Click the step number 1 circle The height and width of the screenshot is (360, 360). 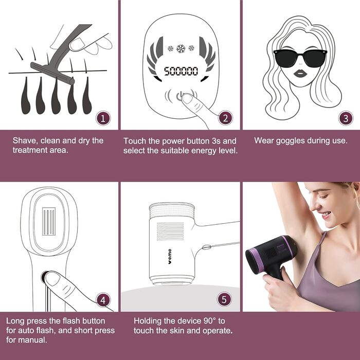click(x=103, y=118)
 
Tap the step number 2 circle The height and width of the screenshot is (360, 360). click(x=225, y=118)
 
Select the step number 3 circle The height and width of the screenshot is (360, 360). click(x=346, y=118)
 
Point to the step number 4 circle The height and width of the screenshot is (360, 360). click(x=103, y=300)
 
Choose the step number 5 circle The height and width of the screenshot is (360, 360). click(x=224, y=300)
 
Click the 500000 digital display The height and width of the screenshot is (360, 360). click(x=181, y=71)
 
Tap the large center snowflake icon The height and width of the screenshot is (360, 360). click(x=181, y=49)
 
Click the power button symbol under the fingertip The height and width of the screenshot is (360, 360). click(x=180, y=96)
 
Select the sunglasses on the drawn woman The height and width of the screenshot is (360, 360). click(x=300, y=58)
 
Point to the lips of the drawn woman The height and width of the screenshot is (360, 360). click(x=300, y=74)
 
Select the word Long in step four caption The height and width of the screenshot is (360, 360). click(x=15, y=321)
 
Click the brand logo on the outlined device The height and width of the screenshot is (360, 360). click(x=170, y=257)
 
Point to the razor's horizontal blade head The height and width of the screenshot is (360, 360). click(x=52, y=73)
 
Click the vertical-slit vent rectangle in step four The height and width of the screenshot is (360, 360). click(x=49, y=221)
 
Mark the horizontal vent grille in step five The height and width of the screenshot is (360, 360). click(x=170, y=231)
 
